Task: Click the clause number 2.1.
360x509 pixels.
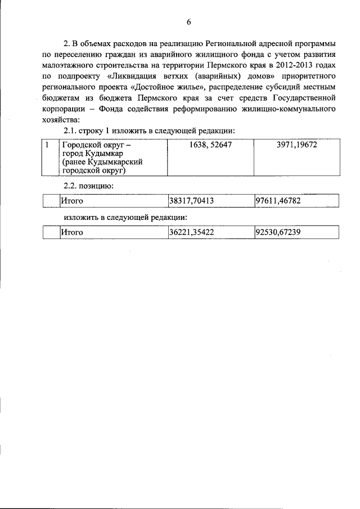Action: pos(71,130)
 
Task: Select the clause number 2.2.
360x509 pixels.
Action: pos(71,184)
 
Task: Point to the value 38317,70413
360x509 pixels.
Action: pos(193,201)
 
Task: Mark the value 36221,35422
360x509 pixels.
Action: pos(193,232)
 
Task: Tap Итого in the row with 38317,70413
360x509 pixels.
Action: pos(72,201)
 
